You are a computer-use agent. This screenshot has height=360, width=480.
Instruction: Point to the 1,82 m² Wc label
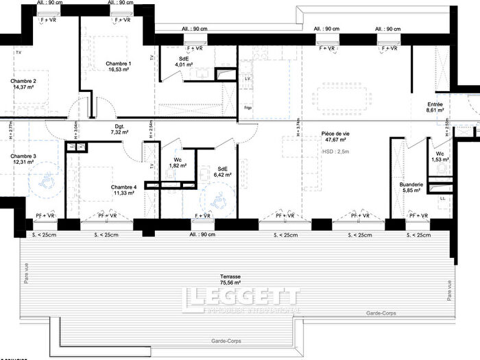point(176,163)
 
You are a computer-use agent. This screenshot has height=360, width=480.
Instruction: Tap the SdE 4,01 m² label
point(184,62)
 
